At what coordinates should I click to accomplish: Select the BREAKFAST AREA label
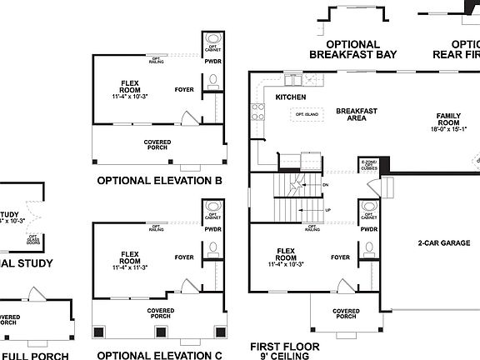pos(357,114)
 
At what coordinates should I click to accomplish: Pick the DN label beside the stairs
pos(326,185)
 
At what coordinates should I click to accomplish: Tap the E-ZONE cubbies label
pos(369,164)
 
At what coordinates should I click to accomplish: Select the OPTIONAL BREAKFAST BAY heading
pos(352,49)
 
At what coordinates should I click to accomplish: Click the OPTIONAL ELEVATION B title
pos(159,180)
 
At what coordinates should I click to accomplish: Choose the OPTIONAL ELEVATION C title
pos(159,355)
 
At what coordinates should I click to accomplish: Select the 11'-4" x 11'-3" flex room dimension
pos(129,267)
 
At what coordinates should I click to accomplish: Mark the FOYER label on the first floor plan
pos(340,257)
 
